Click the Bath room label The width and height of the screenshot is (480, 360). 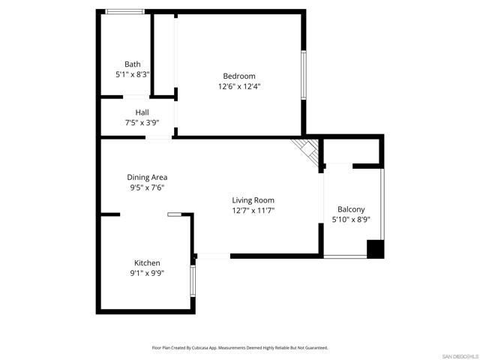133,64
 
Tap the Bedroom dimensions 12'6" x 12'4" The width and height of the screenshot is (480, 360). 239,86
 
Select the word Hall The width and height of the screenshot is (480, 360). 142,112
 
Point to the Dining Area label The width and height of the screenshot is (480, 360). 147,177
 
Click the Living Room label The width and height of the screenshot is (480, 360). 253,200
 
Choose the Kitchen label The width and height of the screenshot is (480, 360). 147,263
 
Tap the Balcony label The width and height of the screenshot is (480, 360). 351,209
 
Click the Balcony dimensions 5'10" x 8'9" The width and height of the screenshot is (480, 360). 351,220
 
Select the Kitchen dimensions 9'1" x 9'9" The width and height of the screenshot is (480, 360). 147,273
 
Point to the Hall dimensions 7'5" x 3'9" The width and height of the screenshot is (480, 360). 142,123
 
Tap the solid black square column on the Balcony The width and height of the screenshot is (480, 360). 375,249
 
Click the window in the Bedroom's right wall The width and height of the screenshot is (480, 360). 303,75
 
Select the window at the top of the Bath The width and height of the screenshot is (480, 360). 125,12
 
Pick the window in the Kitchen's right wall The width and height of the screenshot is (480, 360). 193,280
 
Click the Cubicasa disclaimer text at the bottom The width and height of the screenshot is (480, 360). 240,348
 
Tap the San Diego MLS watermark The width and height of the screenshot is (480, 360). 460,357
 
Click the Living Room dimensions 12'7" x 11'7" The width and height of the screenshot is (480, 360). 253,211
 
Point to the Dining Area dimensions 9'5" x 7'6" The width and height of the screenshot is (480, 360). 147,187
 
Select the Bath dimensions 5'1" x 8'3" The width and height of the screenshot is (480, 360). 133,74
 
